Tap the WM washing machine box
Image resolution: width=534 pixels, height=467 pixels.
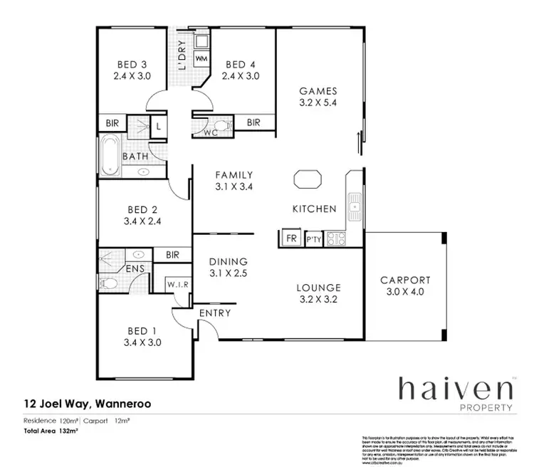coord(201,56)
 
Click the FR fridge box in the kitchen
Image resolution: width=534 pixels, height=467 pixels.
coord(290,238)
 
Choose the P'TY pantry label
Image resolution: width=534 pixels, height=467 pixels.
coord(314,239)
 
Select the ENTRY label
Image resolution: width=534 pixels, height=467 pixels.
coord(214,313)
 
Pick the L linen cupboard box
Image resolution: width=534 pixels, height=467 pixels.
coord(157,126)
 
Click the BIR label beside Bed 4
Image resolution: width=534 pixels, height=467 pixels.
coord(253,122)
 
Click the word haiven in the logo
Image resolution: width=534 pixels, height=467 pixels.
coord(456,389)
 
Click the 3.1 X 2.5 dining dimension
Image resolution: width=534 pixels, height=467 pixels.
coord(228,273)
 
